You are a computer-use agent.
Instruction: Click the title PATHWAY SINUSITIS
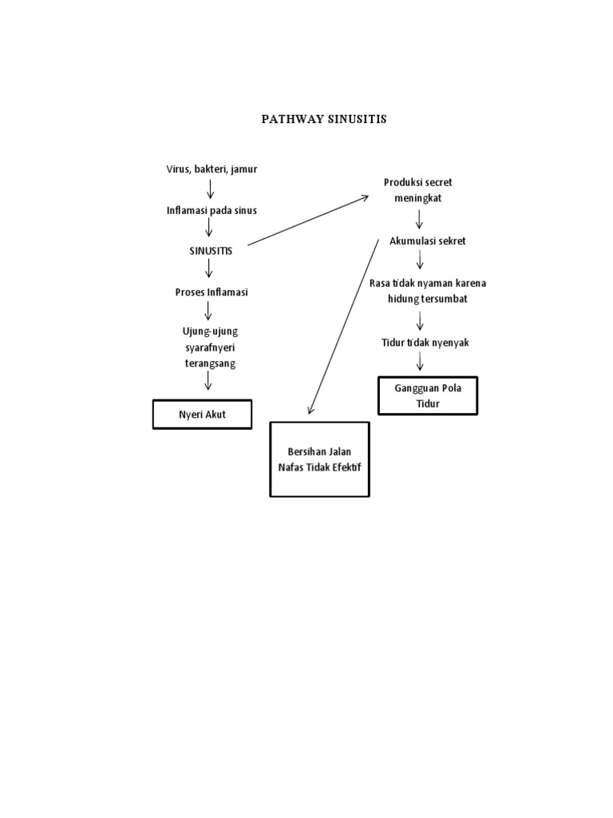click(x=324, y=119)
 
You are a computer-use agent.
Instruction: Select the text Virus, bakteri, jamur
click(x=211, y=169)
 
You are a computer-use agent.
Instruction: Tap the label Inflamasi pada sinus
click(x=212, y=210)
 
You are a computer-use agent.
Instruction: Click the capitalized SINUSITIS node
click(x=211, y=251)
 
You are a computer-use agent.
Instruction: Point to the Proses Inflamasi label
click(x=212, y=292)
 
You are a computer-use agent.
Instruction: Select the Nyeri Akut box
click(x=202, y=415)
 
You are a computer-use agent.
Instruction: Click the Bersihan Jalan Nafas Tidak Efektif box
click(x=319, y=459)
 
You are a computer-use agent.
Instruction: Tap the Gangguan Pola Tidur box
click(x=428, y=396)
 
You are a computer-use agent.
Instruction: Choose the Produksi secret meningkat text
click(x=417, y=190)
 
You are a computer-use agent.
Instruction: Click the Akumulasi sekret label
click(x=427, y=240)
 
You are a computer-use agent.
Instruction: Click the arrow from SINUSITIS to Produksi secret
click(x=307, y=220)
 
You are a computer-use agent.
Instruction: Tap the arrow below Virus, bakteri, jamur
click(x=211, y=189)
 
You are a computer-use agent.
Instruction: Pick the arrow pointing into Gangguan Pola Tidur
click(x=421, y=362)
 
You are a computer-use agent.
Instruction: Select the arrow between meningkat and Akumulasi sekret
click(x=418, y=218)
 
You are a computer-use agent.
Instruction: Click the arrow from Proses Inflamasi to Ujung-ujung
click(x=208, y=311)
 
